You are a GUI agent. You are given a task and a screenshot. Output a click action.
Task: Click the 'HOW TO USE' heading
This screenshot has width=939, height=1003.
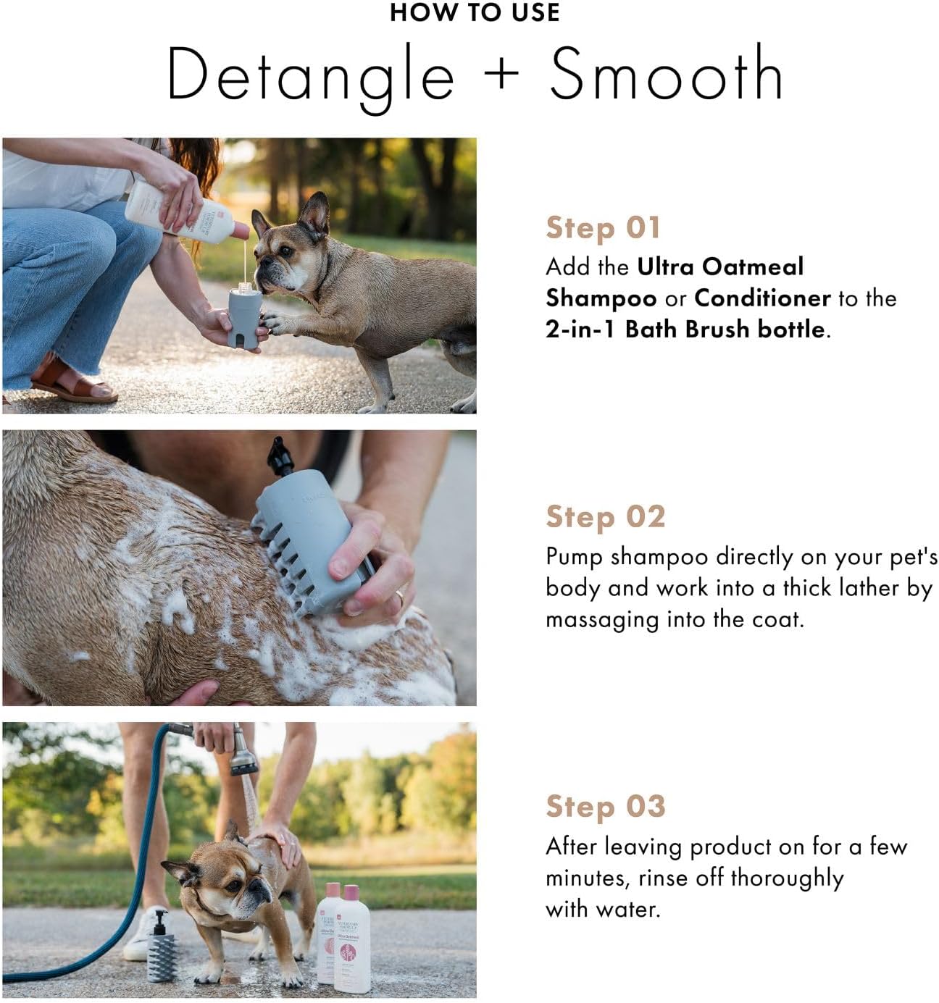click(x=475, y=13)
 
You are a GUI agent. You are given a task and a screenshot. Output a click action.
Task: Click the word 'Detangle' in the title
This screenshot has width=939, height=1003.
click(x=311, y=75)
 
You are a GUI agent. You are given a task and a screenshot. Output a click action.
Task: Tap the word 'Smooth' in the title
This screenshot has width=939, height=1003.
click(x=666, y=74)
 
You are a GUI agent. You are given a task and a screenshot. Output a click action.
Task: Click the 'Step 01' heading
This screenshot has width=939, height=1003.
click(x=603, y=228)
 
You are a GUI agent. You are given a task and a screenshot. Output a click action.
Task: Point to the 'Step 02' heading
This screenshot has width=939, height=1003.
click(x=605, y=517)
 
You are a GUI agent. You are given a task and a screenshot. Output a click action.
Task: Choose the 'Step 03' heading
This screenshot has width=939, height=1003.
click(x=605, y=806)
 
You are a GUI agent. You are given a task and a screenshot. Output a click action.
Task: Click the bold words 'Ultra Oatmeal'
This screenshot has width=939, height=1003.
click(x=720, y=267)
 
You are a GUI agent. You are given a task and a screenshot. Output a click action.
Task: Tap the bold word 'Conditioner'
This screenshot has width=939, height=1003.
click(x=762, y=298)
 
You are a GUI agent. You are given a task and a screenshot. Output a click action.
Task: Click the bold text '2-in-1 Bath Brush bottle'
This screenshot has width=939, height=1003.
click(x=685, y=330)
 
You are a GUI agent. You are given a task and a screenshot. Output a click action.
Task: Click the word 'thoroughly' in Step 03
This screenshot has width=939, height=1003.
click(x=787, y=878)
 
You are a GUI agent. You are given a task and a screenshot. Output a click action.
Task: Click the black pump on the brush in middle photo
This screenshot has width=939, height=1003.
click(x=280, y=456)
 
